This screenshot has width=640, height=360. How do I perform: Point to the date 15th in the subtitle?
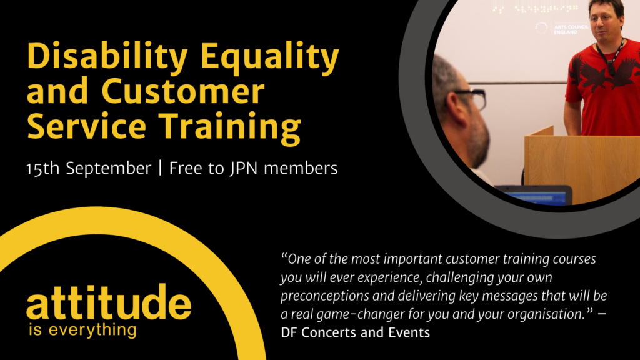42,168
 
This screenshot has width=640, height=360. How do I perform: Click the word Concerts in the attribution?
331,332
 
